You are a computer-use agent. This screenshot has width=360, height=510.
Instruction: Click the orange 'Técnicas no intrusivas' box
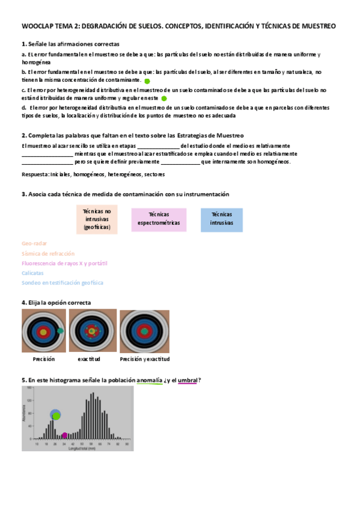[97, 220]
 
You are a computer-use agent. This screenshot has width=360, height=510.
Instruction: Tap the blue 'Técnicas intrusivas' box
[222, 220]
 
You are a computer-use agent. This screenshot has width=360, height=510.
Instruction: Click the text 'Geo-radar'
[34, 244]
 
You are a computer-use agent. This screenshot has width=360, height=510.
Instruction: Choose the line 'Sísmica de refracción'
[48, 253]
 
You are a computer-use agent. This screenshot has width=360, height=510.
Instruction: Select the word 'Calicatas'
[32, 272]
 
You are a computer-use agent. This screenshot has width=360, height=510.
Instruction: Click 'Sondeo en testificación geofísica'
[62, 282]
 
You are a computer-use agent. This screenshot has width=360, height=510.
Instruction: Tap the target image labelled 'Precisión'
[43, 331]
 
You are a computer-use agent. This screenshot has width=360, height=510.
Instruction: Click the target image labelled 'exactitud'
[93, 331]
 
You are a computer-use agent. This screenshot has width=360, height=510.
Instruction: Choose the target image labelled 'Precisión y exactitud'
[144, 332]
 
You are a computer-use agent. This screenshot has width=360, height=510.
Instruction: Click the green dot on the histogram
[56, 416]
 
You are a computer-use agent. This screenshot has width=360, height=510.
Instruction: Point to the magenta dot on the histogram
[64, 435]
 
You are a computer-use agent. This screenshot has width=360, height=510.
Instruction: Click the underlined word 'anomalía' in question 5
[150, 380]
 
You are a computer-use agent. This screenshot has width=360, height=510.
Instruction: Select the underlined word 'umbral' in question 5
[188, 380]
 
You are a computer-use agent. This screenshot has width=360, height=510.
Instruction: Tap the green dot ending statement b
[147, 80]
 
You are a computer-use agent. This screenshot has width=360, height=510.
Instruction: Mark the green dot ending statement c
[164, 98]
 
